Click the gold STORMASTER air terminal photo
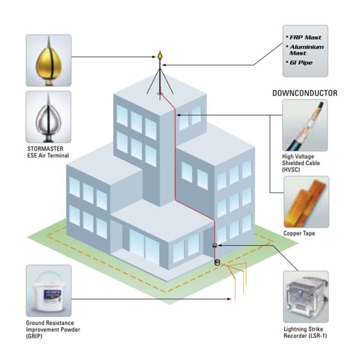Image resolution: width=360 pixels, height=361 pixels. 49,60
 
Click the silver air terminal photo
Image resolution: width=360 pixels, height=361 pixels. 49,116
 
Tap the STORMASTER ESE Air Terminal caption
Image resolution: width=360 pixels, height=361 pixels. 48,152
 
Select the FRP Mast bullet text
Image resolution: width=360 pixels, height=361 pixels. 305,37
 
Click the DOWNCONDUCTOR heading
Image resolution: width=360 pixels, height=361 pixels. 305,93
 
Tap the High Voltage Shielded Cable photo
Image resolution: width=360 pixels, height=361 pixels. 305,125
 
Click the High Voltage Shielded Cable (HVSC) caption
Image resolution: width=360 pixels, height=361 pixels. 301,163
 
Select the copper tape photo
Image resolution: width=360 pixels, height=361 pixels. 306,202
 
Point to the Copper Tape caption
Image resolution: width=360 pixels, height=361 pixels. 299,233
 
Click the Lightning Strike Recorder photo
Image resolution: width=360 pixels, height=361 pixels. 306,297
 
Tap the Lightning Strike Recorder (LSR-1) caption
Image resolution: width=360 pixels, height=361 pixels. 305,332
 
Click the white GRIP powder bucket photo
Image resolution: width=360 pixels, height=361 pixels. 49,291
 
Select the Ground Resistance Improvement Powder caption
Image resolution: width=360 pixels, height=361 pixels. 53,330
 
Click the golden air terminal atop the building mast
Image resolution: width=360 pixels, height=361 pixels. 160,56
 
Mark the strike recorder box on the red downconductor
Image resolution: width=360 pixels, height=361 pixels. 215,245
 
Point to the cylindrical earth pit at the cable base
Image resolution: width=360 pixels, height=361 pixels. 217,262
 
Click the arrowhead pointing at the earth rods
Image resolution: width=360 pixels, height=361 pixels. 229,299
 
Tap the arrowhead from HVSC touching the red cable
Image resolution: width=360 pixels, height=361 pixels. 179,115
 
